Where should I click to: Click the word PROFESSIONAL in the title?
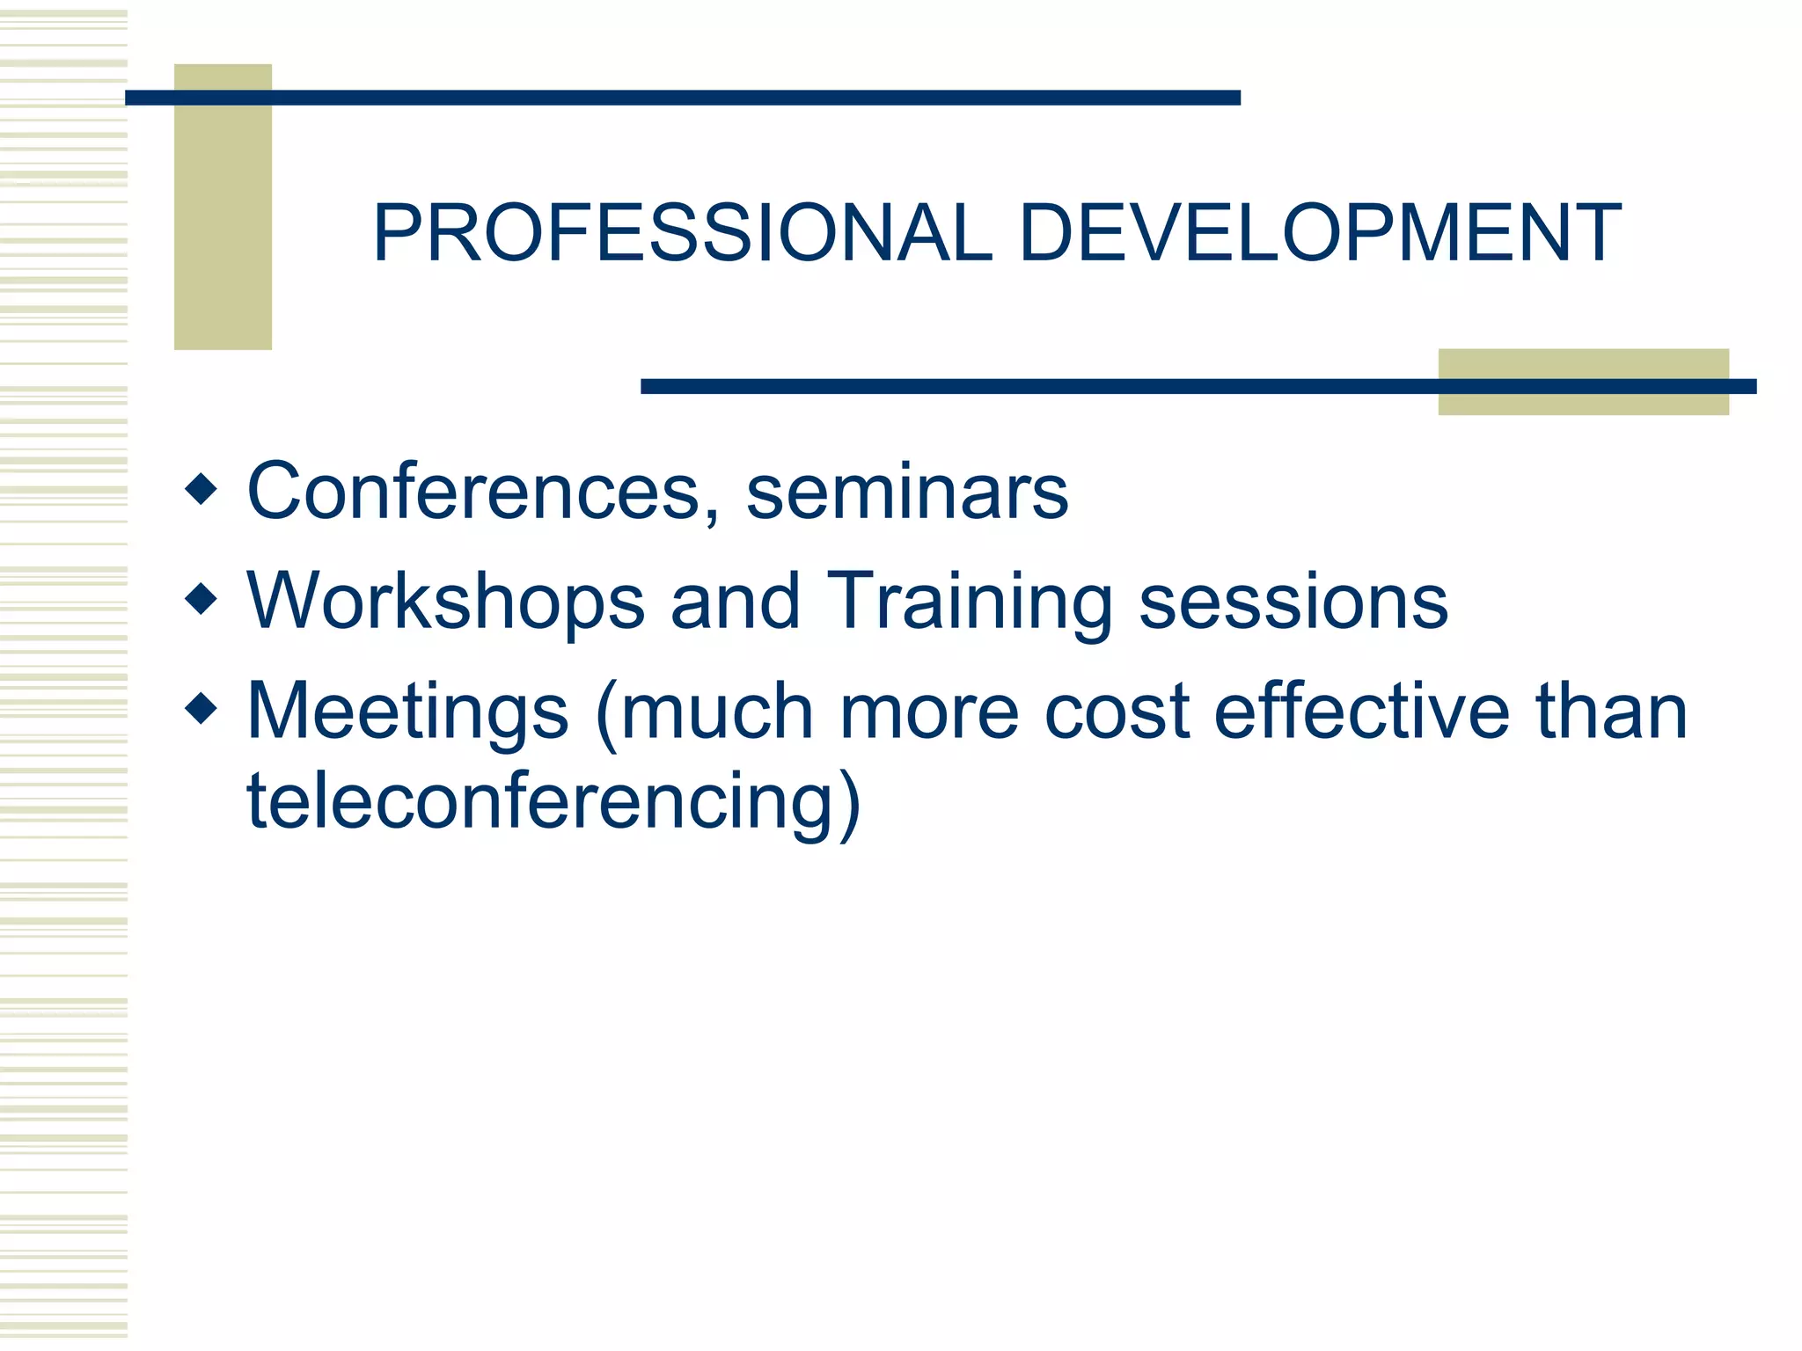683,233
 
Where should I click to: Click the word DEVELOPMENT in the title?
1320,233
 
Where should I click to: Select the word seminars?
907,493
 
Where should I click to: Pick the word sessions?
1293,603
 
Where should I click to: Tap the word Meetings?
407,712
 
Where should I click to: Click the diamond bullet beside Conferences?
201,489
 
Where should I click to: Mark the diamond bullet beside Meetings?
201,708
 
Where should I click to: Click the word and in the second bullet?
736,603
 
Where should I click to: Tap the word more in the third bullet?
929,712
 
